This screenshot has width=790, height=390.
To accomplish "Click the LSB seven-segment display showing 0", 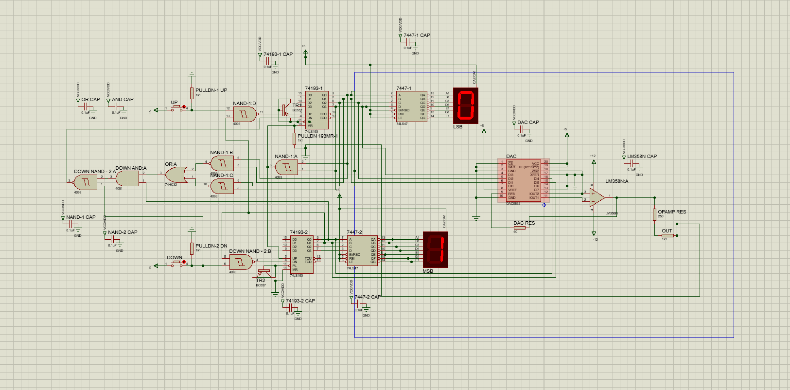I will pyautogui.click(x=465, y=106).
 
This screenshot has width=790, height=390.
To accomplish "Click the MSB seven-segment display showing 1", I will pyautogui.click(x=435, y=249).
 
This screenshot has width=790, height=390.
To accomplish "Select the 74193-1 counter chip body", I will pyautogui.click(x=316, y=109).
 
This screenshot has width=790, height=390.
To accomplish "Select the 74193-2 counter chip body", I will pyautogui.click(x=301, y=254).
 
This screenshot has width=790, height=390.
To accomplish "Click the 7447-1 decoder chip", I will pyautogui.click(x=411, y=106).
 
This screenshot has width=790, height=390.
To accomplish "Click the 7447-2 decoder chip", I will pyautogui.click(x=362, y=250).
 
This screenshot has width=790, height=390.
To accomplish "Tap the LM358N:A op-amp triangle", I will pyautogui.click(x=597, y=197).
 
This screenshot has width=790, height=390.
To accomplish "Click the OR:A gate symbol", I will pyautogui.click(x=176, y=174).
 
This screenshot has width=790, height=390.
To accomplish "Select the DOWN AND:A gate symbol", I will pyautogui.click(x=127, y=178).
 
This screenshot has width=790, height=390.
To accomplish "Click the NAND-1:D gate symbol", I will pyautogui.click(x=245, y=114).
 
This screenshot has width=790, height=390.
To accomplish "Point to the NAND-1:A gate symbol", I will pyautogui.click(x=287, y=167).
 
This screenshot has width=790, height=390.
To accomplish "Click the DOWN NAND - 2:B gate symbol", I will pyautogui.click(x=241, y=263).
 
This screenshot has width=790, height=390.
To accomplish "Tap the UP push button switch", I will pyautogui.click(x=177, y=107).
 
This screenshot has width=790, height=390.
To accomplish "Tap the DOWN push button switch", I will pyautogui.click(x=177, y=263).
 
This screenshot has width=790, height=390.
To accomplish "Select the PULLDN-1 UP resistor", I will pyautogui.click(x=192, y=93).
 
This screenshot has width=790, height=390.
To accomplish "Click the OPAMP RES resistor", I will pyautogui.click(x=654, y=214).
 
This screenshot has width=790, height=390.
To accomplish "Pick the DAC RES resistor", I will pyautogui.click(x=519, y=227).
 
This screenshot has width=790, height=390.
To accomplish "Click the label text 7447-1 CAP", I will pyautogui.click(x=417, y=35).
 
